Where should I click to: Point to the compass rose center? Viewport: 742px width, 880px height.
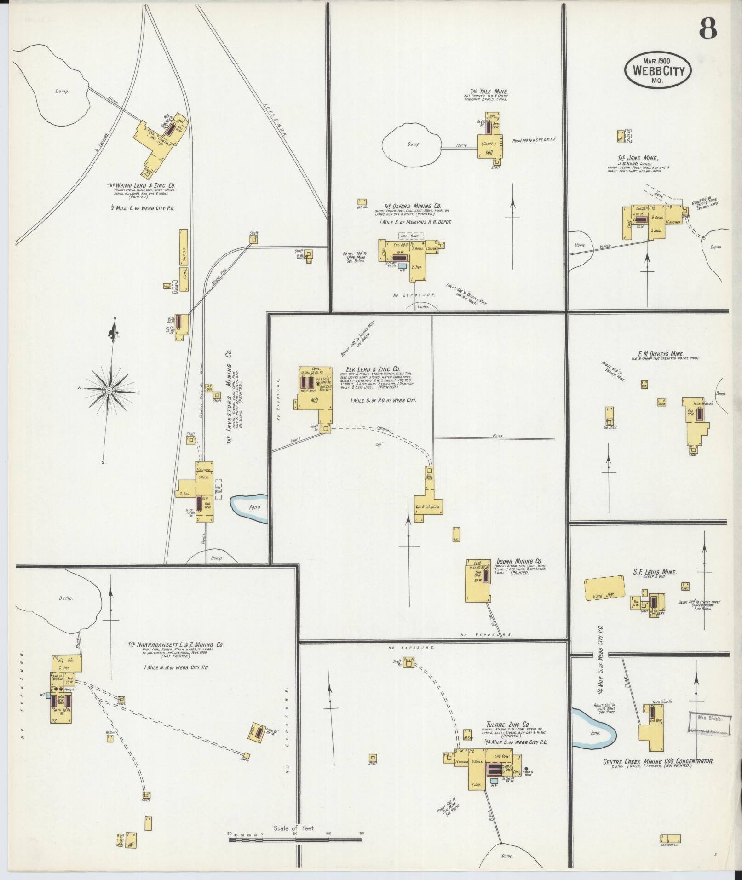click(109, 391)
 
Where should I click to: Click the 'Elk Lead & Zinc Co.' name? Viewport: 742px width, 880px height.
click(373, 369)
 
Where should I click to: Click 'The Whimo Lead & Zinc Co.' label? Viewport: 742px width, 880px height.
click(141, 185)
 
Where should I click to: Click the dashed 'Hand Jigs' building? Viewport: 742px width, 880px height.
click(604, 589)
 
